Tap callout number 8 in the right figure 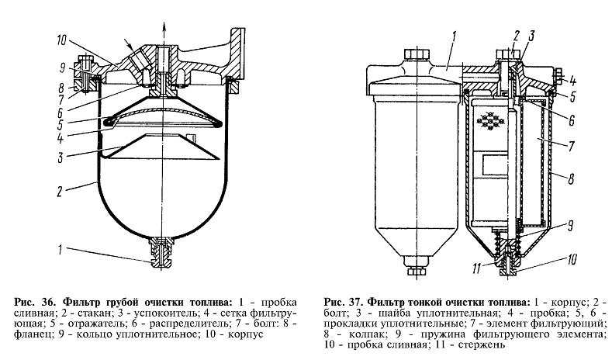(570, 178)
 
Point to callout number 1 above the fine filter (455, 35)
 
